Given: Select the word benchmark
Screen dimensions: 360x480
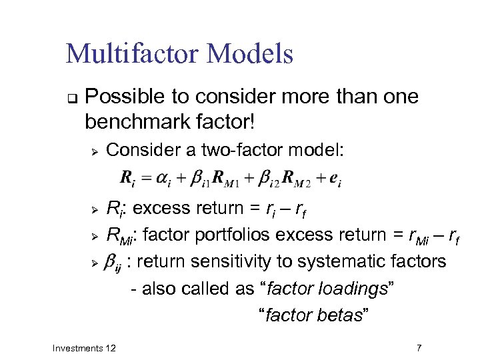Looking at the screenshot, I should [x=140, y=123].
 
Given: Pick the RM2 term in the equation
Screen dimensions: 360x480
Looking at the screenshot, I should [x=291, y=179].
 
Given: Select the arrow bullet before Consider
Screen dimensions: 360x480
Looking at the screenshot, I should [x=95, y=151].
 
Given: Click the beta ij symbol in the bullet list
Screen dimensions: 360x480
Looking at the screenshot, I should [x=115, y=263].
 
